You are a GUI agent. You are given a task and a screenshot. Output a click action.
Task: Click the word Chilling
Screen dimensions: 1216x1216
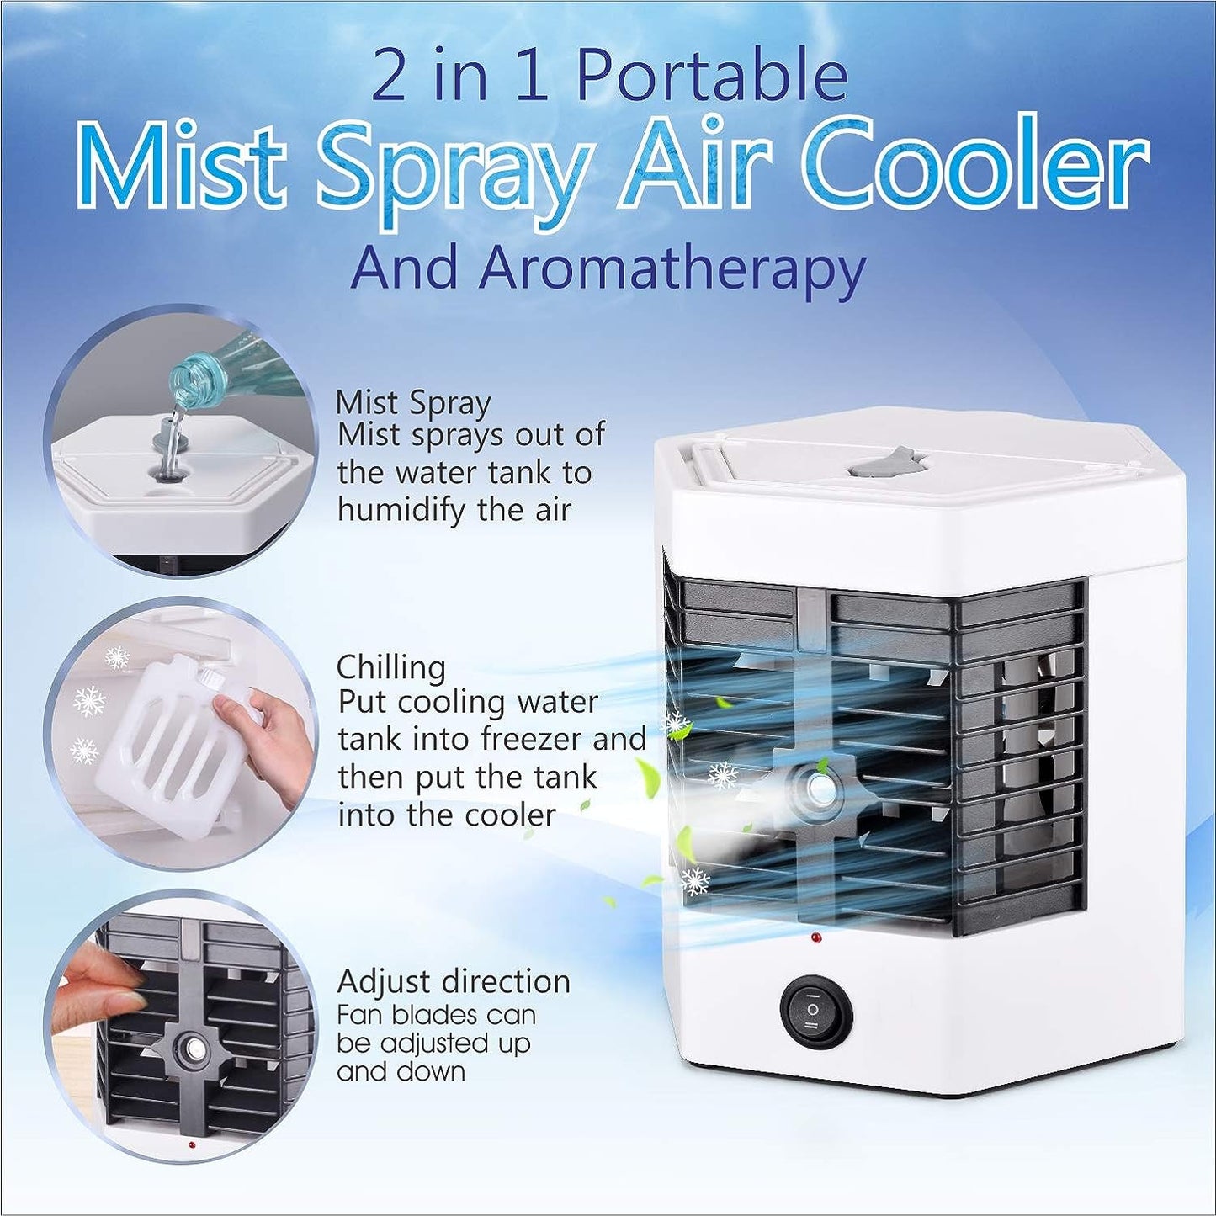tap(390, 667)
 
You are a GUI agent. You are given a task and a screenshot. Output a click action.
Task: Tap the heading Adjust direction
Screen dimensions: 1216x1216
tap(454, 982)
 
